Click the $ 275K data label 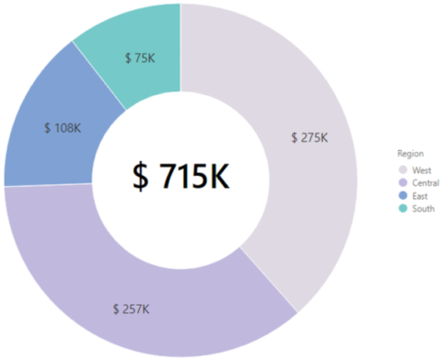309,137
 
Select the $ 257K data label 130,308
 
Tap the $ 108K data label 63,128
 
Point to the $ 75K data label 139,57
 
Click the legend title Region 410,152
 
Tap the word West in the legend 422,170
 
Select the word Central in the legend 425,183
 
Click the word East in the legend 421,196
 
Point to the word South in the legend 424,209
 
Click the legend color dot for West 402,170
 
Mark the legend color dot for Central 402,183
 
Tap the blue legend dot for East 402,196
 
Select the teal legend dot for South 402,209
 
